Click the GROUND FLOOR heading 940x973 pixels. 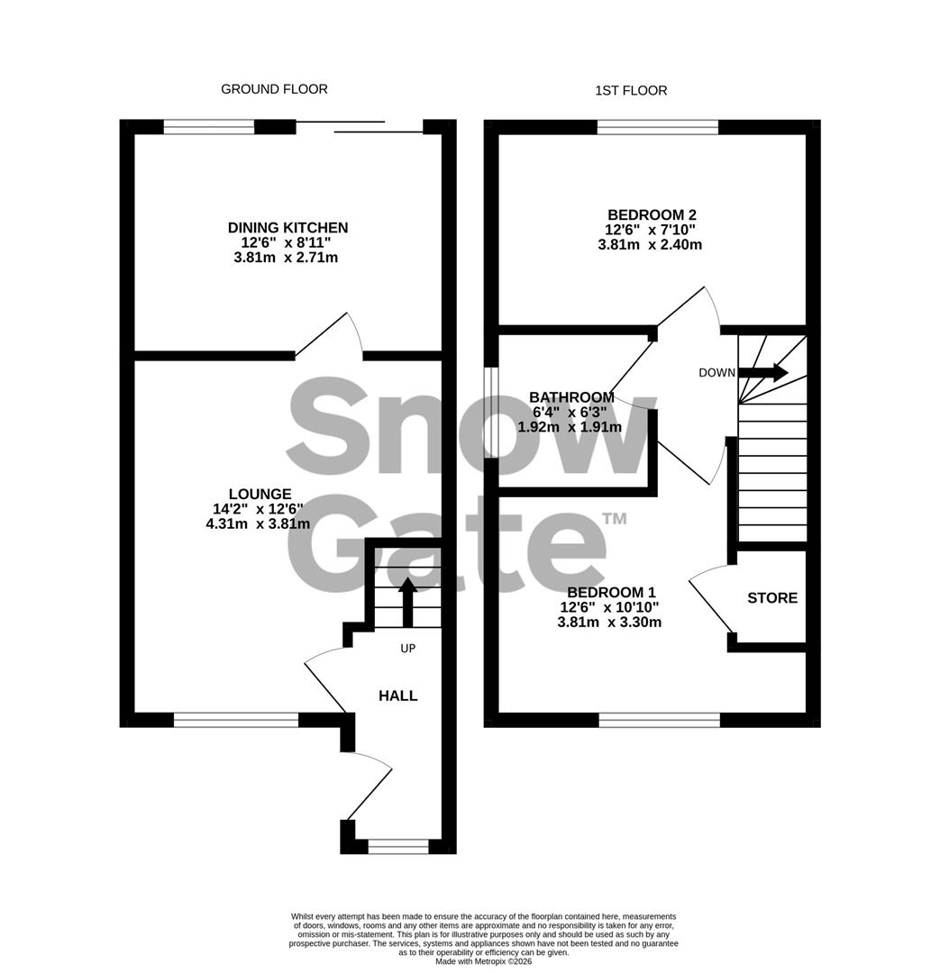click(274, 89)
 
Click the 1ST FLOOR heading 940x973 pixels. click(631, 90)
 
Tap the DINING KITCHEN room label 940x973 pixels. click(287, 228)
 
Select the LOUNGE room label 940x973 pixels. click(260, 494)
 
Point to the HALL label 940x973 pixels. click(397, 696)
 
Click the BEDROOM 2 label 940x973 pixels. click(652, 214)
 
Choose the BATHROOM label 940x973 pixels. click(571, 397)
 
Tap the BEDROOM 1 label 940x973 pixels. click(611, 592)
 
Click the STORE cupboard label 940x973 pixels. click(772, 598)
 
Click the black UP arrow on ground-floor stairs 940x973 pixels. click(407, 602)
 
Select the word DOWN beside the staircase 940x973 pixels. click(717, 373)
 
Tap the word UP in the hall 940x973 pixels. click(407, 648)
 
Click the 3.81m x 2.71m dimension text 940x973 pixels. click(287, 259)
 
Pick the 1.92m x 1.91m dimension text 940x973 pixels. click(570, 427)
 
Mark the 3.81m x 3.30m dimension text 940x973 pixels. click(610, 622)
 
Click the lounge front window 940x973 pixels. click(235, 720)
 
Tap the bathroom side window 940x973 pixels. click(491, 412)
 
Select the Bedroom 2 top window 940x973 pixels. click(658, 127)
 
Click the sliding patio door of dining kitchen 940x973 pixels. click(360, 127)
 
